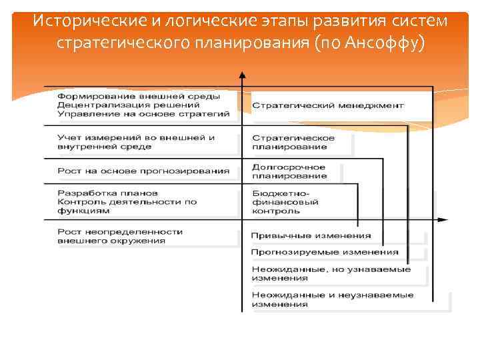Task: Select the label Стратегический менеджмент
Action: (328, 105)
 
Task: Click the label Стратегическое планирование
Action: (293, 142)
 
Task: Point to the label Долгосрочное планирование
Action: (289, 171)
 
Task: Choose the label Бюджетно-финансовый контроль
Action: (285, 202)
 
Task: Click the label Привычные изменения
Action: (311, 235)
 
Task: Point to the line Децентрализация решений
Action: (128, 105)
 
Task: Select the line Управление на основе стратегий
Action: (143, 114)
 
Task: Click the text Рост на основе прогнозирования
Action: (143, 171)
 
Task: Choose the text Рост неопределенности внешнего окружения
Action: (120, 236)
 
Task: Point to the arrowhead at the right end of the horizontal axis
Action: (444, 219)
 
